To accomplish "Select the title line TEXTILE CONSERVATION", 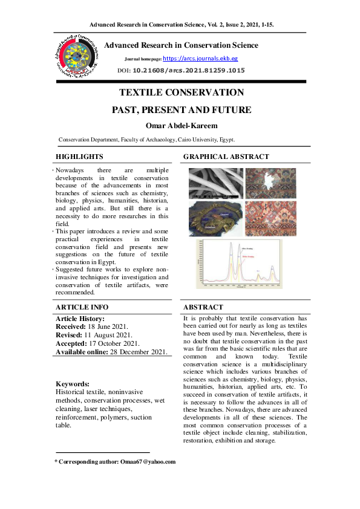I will (182, 92).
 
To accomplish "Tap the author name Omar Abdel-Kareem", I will (182, 125).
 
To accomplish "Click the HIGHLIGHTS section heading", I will (79, 157).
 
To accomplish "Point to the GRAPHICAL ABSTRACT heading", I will (226, 157).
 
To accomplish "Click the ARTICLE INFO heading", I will (82, 307).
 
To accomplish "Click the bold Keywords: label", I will (73, 384).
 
